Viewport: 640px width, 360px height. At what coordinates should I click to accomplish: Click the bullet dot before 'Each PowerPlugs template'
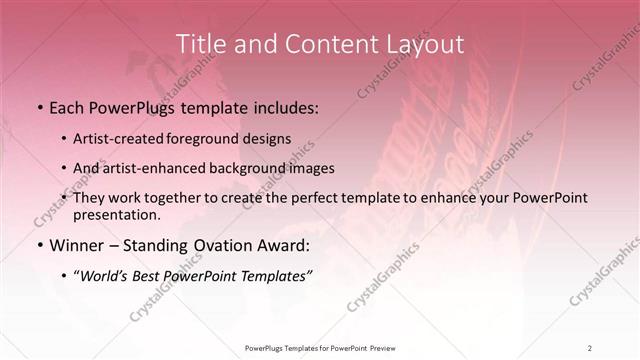pyautogui.click(x=38, y=107)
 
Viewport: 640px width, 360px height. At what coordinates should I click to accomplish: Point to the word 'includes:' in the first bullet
pyautogui.click(x=285, y=107)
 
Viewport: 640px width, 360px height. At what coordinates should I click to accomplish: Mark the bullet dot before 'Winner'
pyautogui.click(x=38, y=245)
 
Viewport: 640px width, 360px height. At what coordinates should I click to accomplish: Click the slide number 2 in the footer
pyautogui.click(x=590, y=347)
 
